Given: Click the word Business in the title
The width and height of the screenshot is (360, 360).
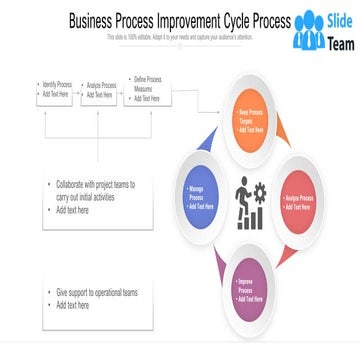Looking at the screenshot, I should tap(91, 21).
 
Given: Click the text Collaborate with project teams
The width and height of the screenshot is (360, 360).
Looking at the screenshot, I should tap(96, 185).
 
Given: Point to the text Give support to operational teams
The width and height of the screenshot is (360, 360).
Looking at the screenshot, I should tap(96, 292).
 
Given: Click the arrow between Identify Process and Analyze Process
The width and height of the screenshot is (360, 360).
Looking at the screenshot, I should tap(77, 90).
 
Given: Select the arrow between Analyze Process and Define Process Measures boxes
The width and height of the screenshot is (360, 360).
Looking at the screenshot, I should tap(123, 90).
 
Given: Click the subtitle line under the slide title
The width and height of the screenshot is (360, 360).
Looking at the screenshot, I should tap(180, 37).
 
